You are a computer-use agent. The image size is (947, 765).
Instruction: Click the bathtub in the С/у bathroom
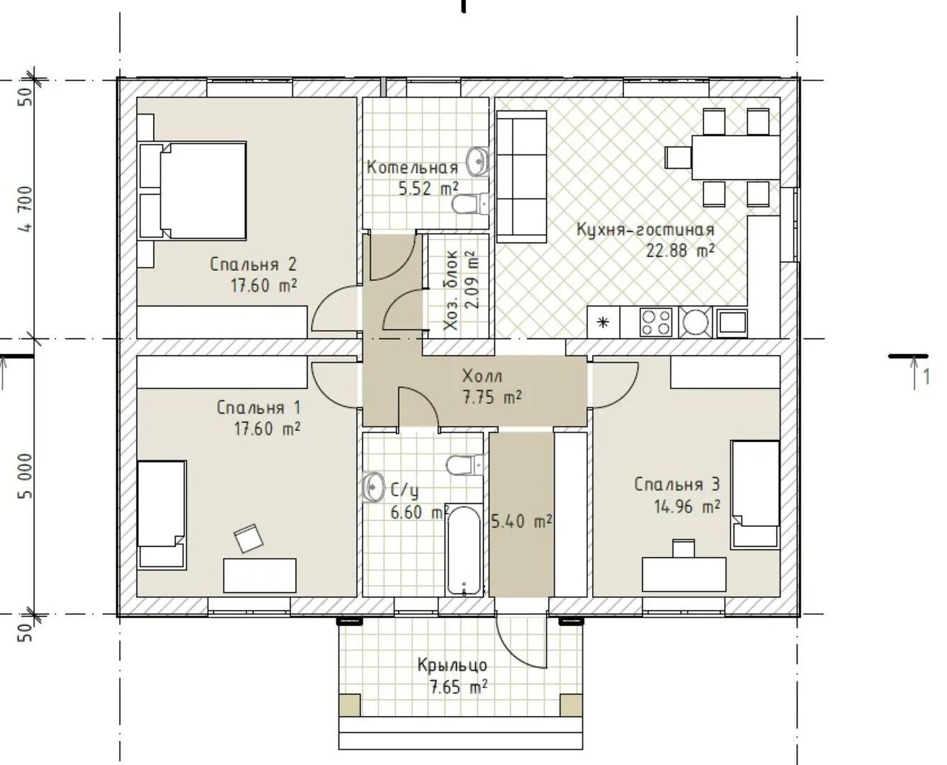tap(463, 550)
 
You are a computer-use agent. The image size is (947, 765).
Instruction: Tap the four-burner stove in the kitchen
tap(656, 322)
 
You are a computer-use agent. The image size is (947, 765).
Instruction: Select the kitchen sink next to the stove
tap(696, 322)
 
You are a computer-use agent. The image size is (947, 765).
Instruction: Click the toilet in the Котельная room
tap(470, 205)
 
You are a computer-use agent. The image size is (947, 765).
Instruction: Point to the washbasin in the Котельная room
tap(477, 161)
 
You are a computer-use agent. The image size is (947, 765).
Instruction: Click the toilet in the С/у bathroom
tap(465, 465)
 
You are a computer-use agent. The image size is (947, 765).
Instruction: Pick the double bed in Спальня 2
tap(193, 191)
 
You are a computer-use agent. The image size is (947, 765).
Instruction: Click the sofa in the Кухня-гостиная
tap(521, 176)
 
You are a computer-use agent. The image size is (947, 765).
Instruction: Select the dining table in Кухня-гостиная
tap(736, 158)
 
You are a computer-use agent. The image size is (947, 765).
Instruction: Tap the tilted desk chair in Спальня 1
tap(249, 538)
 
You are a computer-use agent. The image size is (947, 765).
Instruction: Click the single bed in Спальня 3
tap(755, 494)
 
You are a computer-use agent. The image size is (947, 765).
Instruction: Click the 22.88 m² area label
tap(680, 251)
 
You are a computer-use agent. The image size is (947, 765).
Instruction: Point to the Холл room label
tap(482, 376)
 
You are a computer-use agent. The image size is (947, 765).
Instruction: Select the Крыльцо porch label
tap(452, 665)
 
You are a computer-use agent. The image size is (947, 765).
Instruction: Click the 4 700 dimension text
tap(25, 209)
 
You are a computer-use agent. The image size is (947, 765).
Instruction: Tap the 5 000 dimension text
tap(25, 476)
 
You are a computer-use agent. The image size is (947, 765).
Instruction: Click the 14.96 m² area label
tap(687, 506)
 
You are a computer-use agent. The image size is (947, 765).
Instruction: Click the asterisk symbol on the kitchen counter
tap(603, 322)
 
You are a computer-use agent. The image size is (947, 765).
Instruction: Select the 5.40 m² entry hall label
tap(521, 521)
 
